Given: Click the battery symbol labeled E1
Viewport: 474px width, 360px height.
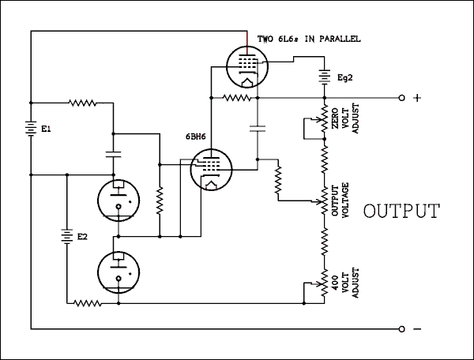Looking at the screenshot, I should point(30,129).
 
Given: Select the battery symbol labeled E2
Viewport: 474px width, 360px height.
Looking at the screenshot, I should point(66,236).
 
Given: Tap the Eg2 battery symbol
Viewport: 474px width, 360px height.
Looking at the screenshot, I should point(324,76).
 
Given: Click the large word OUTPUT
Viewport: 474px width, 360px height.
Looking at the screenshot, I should point(401,212).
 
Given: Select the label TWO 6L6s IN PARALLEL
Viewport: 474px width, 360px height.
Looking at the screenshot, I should point(309,38).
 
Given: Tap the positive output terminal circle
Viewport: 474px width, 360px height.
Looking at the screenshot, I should point(402,98).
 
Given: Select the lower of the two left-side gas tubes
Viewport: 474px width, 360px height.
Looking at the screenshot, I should point(118,270).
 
